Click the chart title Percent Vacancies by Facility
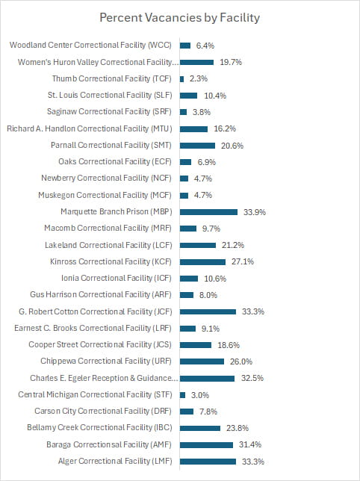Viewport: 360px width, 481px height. click(x=179, y=17)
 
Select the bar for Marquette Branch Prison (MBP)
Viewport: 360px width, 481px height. click(x=208, y=211)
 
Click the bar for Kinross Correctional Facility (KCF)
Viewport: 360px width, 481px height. click(x=202, y=261)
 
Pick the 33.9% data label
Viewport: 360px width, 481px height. click(x=255, y=211)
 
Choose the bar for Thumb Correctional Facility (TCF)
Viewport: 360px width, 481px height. click(x=182, y=78)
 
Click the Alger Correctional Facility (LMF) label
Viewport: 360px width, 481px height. click(x=115, y=462)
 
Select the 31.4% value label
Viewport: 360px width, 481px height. click(x=251, y=444)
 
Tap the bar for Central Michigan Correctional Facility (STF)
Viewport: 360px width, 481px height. click(x=183, y=394)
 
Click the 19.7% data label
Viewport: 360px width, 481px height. click(x=231, y=62)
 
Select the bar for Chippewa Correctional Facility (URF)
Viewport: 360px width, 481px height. click(x=202, y=361)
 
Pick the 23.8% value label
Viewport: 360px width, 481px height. click(x=238, y=428)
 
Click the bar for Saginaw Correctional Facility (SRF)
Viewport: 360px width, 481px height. click(x=184, y=112)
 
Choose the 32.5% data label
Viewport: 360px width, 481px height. click(x=252, y=378)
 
